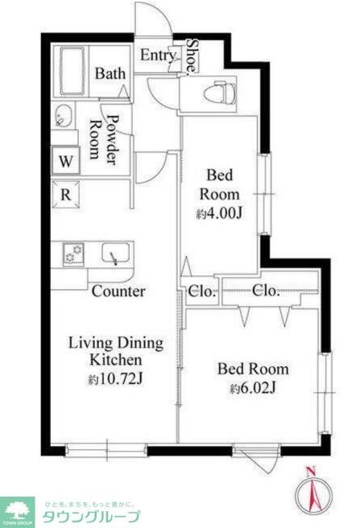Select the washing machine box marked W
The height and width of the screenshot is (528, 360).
click(65, 161)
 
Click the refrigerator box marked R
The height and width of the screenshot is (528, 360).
click(65, 193)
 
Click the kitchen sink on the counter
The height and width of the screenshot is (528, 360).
click(113, 255)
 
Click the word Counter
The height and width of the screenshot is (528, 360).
click(118, 291)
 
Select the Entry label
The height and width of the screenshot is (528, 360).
click(158, 55)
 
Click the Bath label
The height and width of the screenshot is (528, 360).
click(110, 73)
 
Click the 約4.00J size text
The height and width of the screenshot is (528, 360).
click(220, 214)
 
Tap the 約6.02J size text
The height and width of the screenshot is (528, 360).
click(253, 389)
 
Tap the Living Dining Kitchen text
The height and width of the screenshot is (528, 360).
click(115, 351)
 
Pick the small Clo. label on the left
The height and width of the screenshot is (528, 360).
click(202, 291)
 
